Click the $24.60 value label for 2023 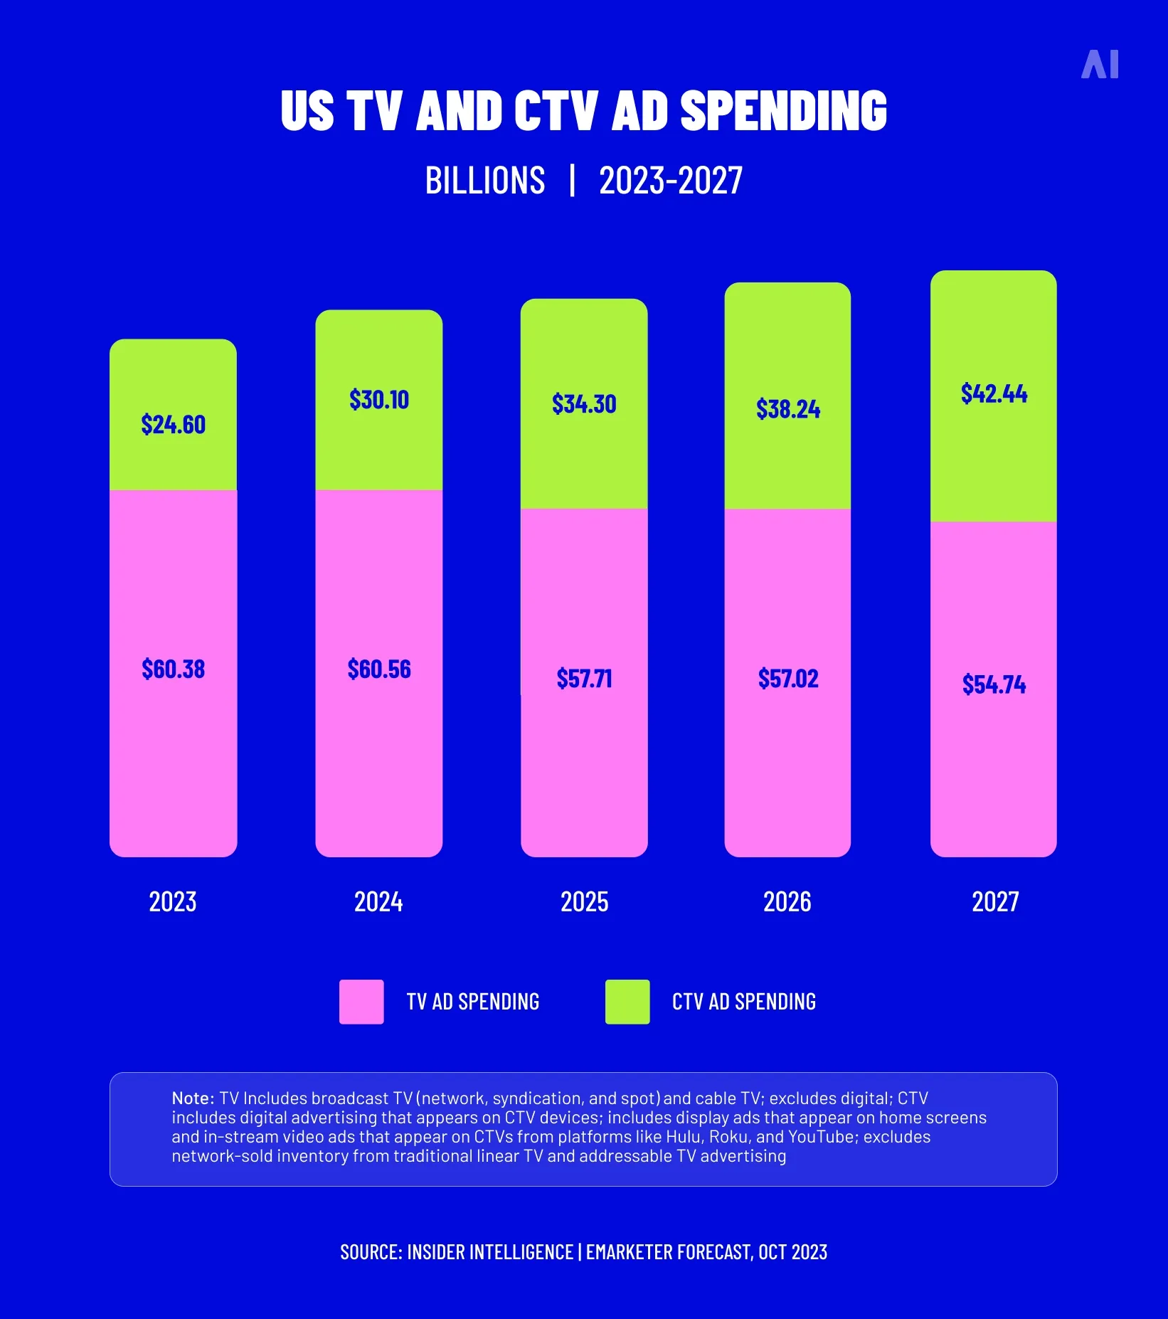[173, 425]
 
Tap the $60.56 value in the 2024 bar [379, 669]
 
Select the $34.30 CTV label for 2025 [584, 404]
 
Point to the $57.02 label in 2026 [788, 679]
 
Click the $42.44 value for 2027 [994, 393]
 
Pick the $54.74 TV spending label [994, 684]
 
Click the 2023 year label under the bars [173, 902]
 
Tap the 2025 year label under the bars [584, 902]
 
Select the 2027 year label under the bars [995, 902]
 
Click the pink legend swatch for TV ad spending [361, 1002]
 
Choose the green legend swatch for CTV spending [627, 1002]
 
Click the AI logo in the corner [1100, 65]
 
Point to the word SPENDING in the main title [783, 111]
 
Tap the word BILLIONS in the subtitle [485, 181]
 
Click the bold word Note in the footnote [192, 1098]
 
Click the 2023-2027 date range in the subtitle [671, 181]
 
